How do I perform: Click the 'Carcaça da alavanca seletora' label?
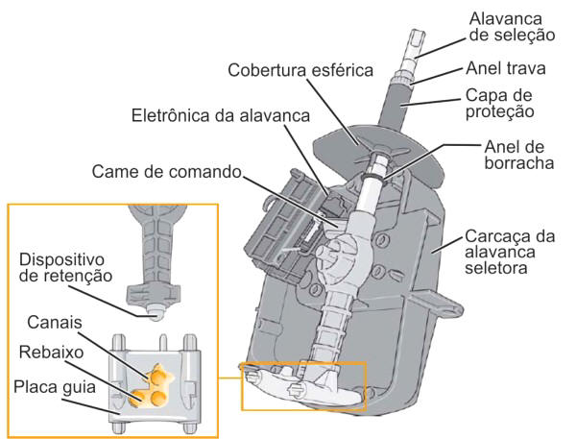(515, 253)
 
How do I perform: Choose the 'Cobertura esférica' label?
(296, 72)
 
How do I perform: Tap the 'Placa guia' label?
(55, 388)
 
